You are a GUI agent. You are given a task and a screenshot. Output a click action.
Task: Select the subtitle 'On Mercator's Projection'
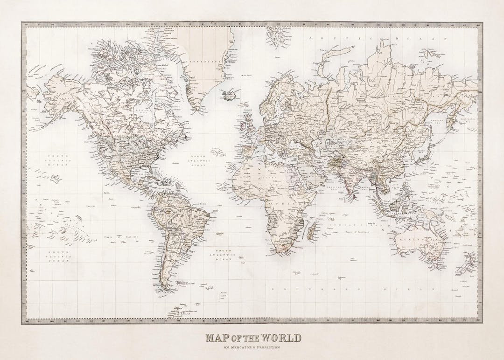pos(252,347)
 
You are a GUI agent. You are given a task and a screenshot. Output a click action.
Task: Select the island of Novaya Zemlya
pos(327,65)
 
